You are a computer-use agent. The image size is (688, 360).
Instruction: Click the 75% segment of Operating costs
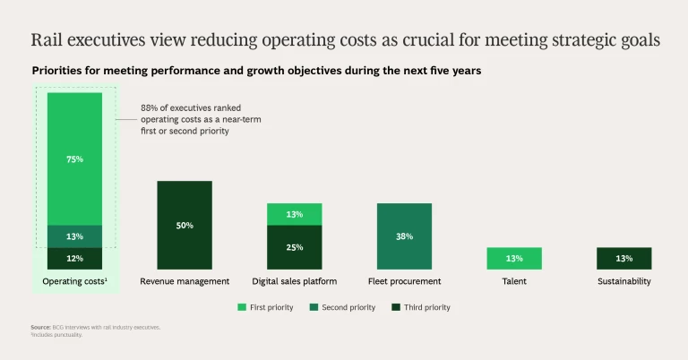tap(75, 159)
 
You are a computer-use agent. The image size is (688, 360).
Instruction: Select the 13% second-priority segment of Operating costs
tap(75, 236)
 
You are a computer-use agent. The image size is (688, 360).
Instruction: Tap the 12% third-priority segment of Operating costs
tap(75, 259)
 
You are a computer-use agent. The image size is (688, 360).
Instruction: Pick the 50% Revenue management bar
tap(185, 226)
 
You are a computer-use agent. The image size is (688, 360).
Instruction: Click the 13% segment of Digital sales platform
tap(295, 214)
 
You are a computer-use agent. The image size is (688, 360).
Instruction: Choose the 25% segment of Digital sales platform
tap(295, 247)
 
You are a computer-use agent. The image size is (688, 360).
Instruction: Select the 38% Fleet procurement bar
tap(404, 236)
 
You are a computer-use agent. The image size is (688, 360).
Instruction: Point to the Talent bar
tap(514, 259)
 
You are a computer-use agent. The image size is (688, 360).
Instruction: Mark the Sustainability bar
tap(623, 259)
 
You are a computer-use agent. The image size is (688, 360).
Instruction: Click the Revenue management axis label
tap(185, 281)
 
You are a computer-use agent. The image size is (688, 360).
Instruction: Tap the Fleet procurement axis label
tap(404, 281)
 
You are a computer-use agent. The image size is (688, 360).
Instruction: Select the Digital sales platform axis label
tap(295, 281)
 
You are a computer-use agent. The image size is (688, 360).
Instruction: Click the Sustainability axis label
tap(623, 281)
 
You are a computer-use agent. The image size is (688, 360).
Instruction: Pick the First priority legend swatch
tap(241, 307)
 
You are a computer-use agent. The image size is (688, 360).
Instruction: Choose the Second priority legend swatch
tap(314, 307)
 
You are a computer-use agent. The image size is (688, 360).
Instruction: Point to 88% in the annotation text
tap(150, 107)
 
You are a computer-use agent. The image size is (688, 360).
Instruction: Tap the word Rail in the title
tap(47, 40)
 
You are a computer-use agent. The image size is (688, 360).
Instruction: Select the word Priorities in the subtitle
tap(60, 71)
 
